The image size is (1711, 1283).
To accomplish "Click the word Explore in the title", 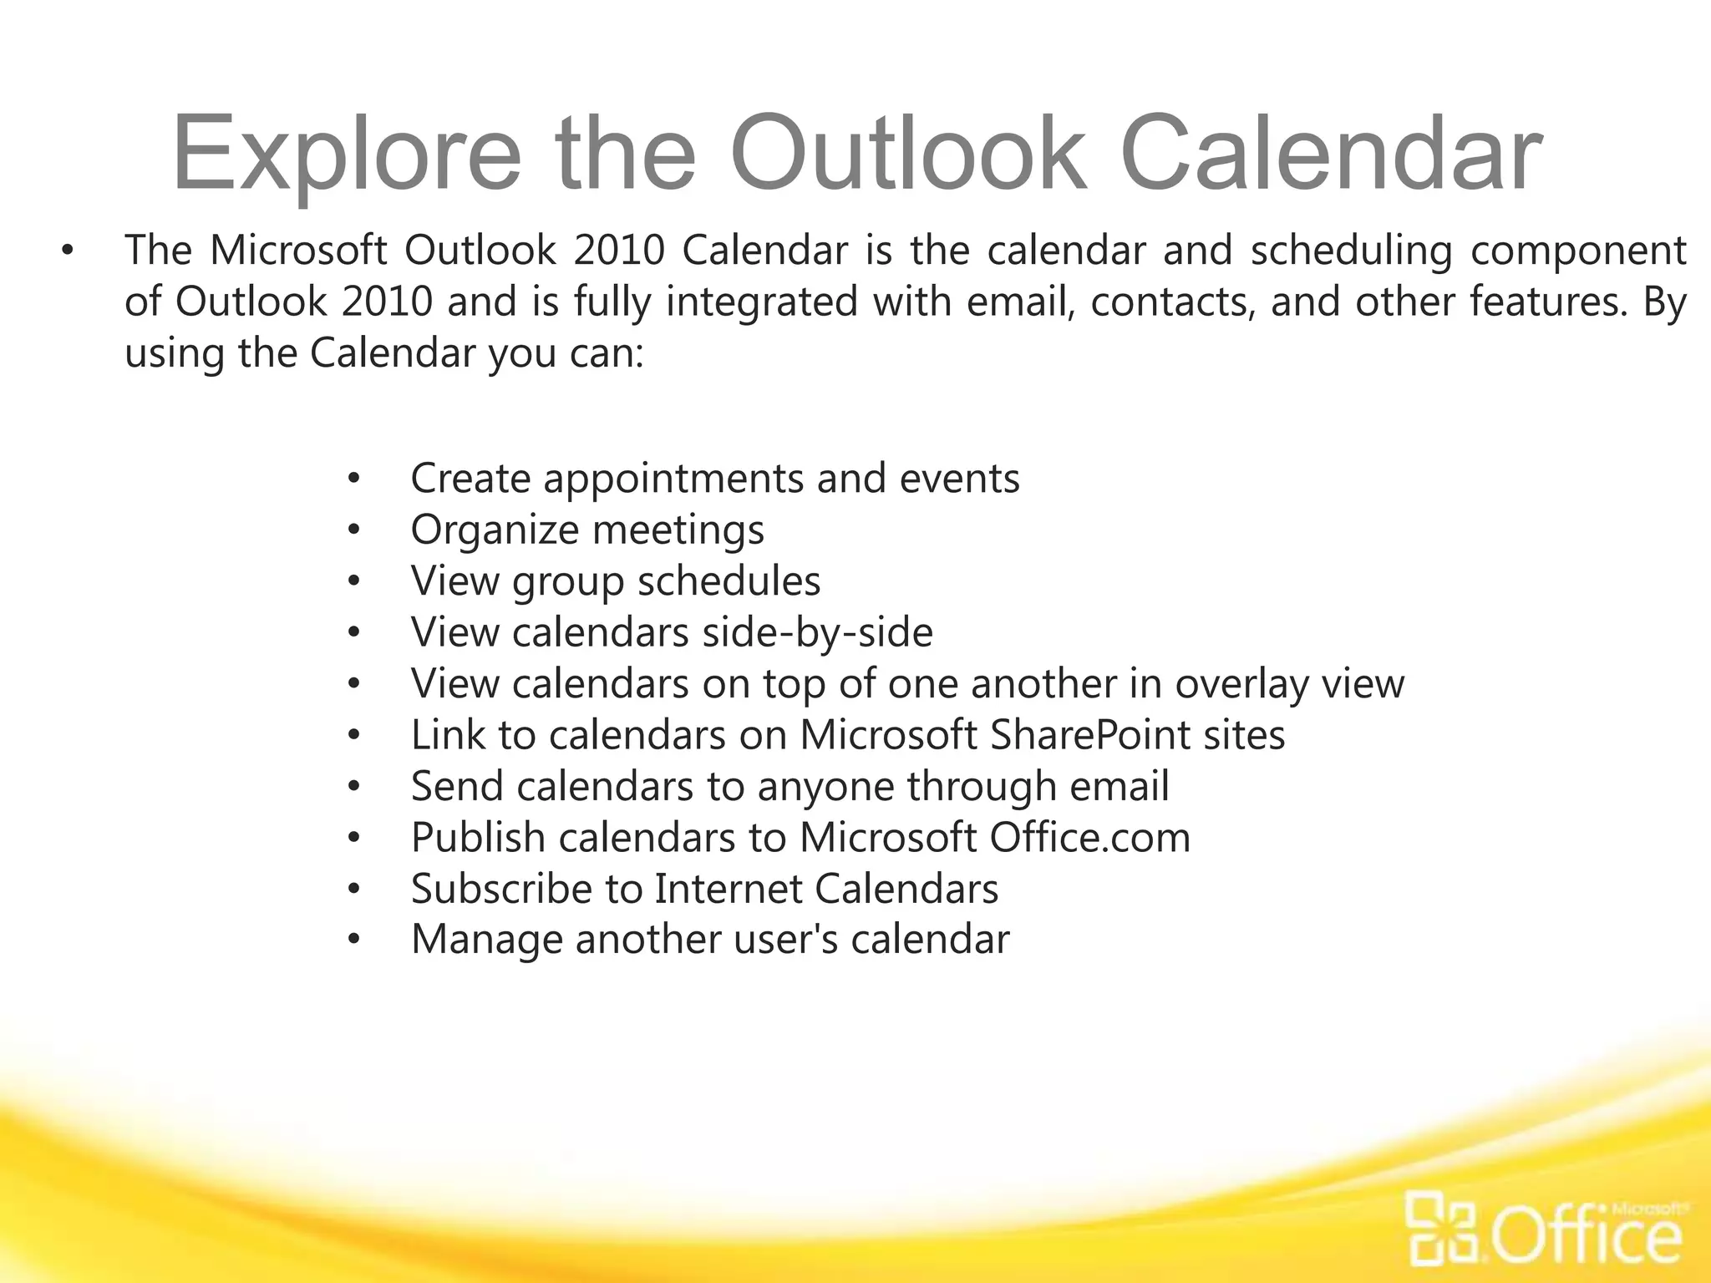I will (x=346, y=155).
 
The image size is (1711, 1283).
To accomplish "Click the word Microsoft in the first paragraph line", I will (x=298, y=250).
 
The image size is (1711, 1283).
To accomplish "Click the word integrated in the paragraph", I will (x=762, y=302).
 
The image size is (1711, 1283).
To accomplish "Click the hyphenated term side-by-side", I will (x=817, y=632).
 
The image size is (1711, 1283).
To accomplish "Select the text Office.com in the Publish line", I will (x=1090, y=837).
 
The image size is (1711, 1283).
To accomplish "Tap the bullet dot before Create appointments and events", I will (x=354, y=479).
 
